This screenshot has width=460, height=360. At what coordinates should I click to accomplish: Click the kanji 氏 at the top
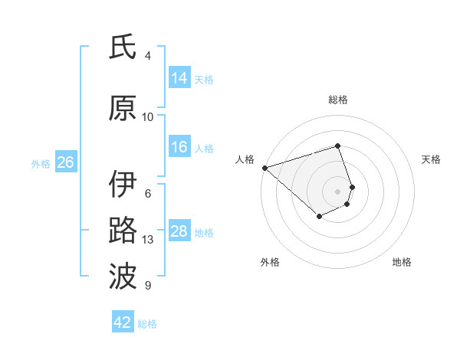123,48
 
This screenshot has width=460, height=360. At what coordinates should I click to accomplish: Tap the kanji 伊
123,185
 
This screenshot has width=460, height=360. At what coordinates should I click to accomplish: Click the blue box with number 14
179,78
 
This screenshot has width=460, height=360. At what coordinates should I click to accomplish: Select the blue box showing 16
179,147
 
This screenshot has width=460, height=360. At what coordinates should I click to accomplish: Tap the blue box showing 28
179,231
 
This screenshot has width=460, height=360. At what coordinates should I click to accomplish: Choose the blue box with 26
65,162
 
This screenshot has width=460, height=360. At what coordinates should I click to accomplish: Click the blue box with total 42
123,322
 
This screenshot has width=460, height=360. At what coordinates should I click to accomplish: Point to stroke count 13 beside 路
148,240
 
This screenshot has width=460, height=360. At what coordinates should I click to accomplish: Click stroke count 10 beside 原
148,116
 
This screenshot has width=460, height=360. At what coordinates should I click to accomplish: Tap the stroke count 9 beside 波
148,286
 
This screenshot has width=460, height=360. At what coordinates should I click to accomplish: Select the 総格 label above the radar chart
338,100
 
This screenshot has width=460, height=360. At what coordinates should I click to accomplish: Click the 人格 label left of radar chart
245,159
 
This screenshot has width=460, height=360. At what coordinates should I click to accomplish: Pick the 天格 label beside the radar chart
431,159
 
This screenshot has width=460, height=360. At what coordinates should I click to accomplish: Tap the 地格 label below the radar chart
402,262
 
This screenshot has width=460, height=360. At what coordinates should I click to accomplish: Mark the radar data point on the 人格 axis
264,167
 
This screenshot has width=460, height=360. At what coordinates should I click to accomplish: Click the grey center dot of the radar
338,191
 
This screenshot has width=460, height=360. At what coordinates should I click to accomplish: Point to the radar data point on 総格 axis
338,146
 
